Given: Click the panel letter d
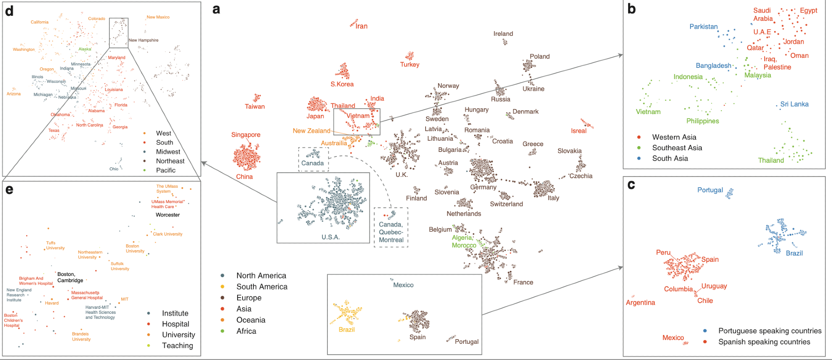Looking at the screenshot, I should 9,11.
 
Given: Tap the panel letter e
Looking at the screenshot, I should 9,190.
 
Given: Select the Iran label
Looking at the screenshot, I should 362,26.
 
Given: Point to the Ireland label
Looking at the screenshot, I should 503,34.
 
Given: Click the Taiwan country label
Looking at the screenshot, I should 255,107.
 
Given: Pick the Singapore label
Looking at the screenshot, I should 246,135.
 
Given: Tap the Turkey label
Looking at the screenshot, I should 410,65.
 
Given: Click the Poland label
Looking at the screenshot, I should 540,57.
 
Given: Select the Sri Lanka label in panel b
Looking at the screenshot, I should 794,104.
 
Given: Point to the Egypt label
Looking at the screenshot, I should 808,10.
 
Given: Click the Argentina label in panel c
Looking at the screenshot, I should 640,303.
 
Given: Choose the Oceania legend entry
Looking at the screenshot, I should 250,320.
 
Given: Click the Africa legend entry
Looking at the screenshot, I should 246,331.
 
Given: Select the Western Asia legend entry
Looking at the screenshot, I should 674,137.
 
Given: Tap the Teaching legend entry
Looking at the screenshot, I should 178,345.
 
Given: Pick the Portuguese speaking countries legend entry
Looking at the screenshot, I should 770,331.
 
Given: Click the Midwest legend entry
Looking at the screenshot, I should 168,152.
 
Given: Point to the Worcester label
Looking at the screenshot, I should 168,215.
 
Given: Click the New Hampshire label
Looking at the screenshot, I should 144,40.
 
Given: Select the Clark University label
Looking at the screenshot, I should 168,234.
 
